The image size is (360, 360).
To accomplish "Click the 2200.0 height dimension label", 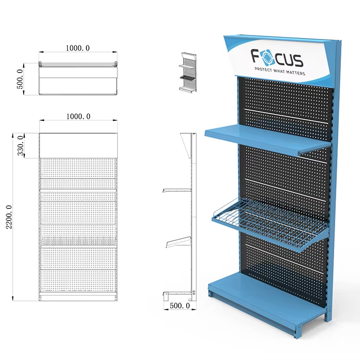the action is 9,217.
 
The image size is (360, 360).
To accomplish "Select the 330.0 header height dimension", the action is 21,146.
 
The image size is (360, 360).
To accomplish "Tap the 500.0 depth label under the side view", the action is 180,305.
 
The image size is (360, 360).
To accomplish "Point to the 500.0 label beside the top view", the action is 20,79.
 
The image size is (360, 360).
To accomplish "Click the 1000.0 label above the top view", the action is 78,48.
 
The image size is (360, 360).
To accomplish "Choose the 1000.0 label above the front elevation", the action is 78,116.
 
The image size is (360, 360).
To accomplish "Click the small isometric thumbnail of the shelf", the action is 188,73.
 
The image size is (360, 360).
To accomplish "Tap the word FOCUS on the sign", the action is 277,58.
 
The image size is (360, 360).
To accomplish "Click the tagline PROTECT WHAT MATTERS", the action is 280,71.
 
